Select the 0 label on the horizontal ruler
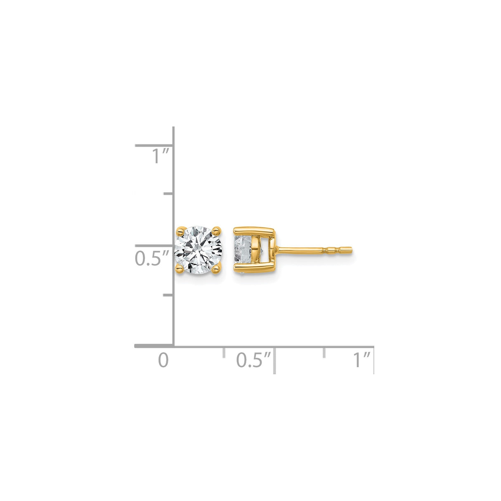coord(164,360)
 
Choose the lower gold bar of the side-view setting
coord(254,271)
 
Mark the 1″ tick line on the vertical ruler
coord(154,145)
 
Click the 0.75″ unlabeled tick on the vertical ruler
coord(168,193)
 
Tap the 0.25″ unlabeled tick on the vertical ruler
coord(168,295)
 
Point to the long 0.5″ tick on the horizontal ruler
coord(274,360)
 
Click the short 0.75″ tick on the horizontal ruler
coord(324,352)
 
